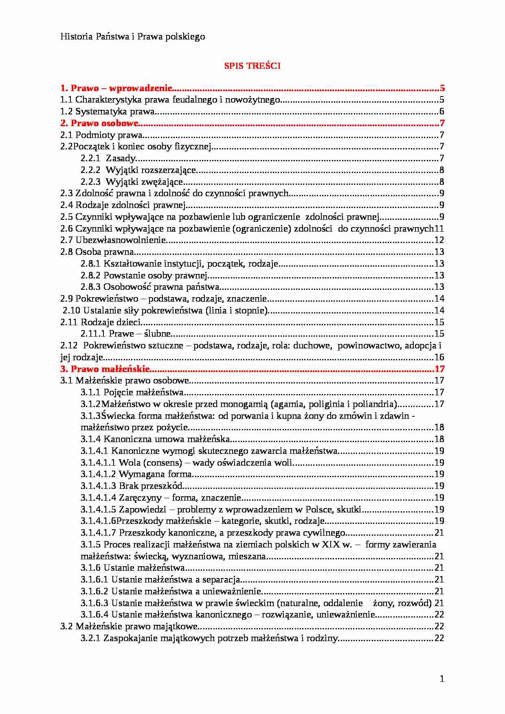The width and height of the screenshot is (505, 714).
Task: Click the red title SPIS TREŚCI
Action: click(252, 66)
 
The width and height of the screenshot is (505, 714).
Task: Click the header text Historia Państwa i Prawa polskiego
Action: click(132, 37)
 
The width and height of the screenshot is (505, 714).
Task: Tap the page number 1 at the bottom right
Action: click(442, 679)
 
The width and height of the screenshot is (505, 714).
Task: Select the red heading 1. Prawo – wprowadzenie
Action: click(116, 88)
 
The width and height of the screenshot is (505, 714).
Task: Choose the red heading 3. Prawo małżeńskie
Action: click(105, 369)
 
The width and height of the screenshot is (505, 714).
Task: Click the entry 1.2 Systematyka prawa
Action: click(108, 112)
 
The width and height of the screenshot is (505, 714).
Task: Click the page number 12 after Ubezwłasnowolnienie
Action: click(439, 240)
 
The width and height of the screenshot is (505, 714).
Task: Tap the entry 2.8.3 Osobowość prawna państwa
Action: click(150, 287)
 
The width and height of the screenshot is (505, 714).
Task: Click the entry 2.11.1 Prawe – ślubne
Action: click(125, 334)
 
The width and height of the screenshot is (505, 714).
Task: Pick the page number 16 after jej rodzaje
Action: click(439, 357)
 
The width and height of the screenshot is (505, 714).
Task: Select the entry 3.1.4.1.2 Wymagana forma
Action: click(136, 474)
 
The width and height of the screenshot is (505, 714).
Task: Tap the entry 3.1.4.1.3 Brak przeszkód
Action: click(131, 486)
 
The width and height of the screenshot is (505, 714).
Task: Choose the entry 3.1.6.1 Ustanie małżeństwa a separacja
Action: click(160, 580)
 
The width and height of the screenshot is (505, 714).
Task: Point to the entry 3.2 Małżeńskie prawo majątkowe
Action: click(129, 626)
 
